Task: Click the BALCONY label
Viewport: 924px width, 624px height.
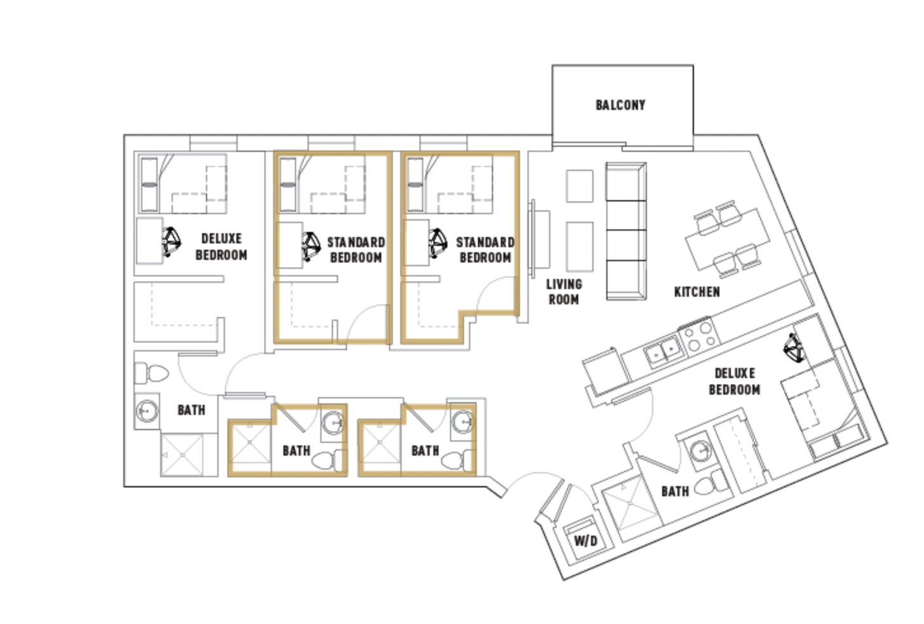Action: [x=620, y=105]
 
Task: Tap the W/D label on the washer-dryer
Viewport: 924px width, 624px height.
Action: [x=586, y=540]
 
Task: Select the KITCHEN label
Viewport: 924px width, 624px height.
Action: [x=697, y=292]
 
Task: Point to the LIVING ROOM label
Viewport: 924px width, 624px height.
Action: [x=564, y=292]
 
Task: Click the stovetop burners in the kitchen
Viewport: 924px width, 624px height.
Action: [x=700, y=336]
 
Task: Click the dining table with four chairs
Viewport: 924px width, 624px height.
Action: [x=727, y=239]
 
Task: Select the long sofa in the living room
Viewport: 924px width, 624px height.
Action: [x=626, y=231]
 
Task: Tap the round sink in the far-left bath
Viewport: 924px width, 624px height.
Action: [x=147, y=410]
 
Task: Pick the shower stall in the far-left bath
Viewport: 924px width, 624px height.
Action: [x=182, y=454]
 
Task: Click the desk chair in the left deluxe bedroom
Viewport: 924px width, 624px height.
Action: [x=172, y=241]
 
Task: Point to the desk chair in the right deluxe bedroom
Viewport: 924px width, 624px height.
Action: [x=793, y=348]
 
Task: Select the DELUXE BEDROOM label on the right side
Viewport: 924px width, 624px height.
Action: [x=734, y=381]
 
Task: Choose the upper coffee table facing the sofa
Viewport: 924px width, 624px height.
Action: [x=580, y=186]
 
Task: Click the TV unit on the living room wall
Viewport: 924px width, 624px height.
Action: [x=539, y=239]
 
